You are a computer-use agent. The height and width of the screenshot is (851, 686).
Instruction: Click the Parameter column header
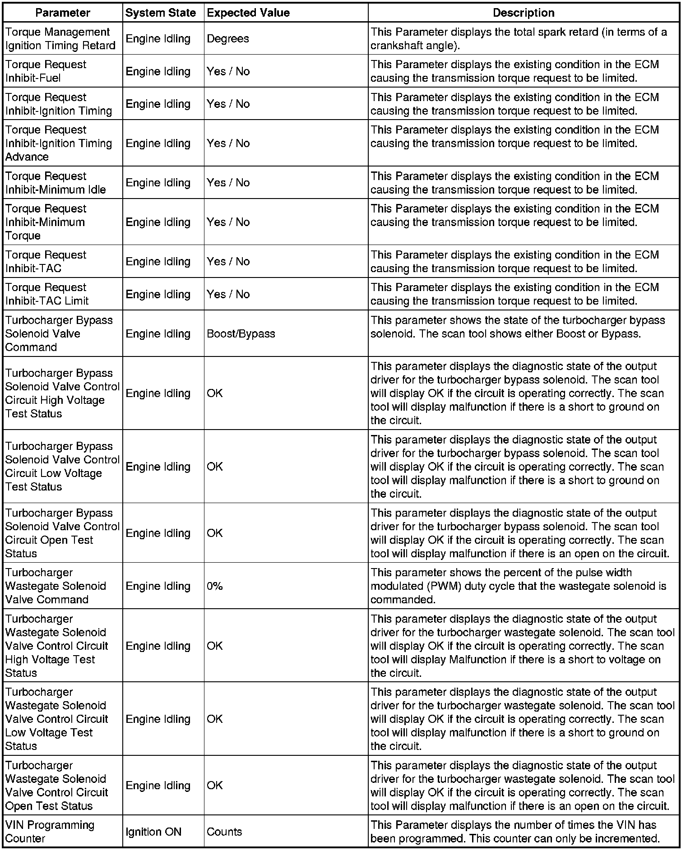pyautogui.click(x=63, y=13)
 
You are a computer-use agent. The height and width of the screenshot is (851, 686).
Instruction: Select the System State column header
pyautogui.click(x=160, y=13)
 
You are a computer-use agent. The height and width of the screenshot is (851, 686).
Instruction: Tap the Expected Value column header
pyautogui.click(x=248, y=13)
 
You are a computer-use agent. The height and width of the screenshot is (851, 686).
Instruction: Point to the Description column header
pyautogui.click(x=524, y=13)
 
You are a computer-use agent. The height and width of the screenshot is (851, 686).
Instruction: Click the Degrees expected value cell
pyautogui.click(x=228, y=39)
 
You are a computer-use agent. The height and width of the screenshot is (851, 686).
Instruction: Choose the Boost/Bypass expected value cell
pyautogui.click(x=241, y=333)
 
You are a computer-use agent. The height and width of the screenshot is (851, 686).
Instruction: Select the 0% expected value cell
pyautogui.click(x=215, y=586)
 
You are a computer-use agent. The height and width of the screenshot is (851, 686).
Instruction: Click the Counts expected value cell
pyautogui.click(x=224, y=832)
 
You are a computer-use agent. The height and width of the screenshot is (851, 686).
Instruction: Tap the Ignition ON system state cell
pyautogui.click(x=153, y=832)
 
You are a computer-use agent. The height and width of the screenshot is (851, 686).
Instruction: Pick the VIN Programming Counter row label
pyautogui.click(x=50, y=832)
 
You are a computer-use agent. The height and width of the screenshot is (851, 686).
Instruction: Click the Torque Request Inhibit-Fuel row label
pyautogui.click(x=46, y=71)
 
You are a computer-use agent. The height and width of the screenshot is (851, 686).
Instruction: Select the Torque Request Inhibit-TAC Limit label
pyautogui.click(x=47, y=294)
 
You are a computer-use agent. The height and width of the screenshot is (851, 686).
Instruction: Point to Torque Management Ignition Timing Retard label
pyautogui.click(x=60, y=39)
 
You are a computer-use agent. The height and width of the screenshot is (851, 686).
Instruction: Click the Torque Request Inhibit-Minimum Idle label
pyautogui.click(x=56, y=183)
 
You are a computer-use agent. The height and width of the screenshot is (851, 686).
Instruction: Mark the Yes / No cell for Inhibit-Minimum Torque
pyautogui.click(x=228, y=222)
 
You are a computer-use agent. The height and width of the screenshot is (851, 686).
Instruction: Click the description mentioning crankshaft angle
pyautogui.click(x=519, y=39)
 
